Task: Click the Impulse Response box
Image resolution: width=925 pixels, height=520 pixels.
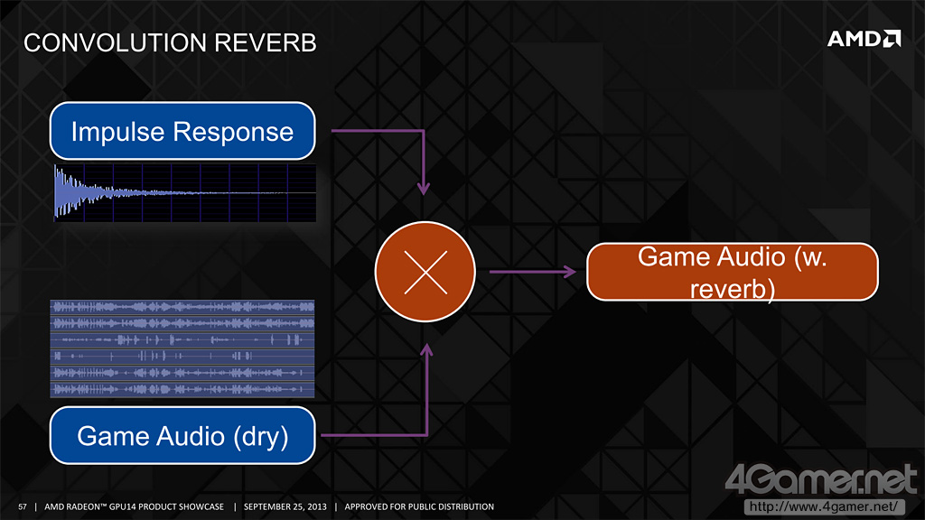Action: [182, 132]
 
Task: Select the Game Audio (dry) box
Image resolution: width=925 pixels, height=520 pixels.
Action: [182, 436]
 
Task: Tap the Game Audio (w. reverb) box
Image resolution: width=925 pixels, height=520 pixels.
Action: [733, 272]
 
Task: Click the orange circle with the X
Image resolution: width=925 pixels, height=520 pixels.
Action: [425, 270]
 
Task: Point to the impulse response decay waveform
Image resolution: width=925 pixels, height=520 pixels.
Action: [184, 192]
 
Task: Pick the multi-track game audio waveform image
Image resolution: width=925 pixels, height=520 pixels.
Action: [182, 348]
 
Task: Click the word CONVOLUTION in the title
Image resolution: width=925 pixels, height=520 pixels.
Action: [112, 42]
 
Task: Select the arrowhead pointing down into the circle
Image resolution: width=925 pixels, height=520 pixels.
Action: [423, 188]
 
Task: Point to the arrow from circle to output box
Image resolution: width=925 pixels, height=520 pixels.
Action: [533, 270]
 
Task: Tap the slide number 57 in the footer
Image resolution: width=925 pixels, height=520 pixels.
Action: [23, 506]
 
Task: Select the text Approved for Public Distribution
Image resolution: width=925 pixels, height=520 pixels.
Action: [419, 506]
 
